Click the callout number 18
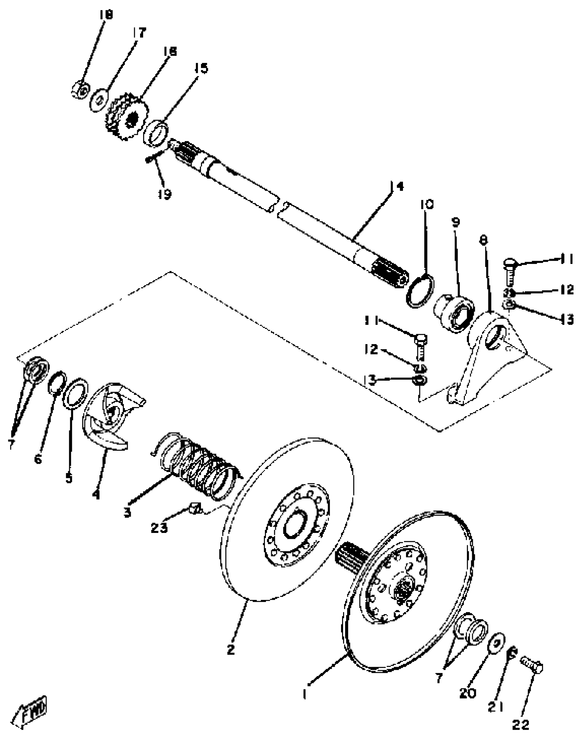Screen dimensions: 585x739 (x=106, y=15)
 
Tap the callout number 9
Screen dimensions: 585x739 (x=455, y=222)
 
